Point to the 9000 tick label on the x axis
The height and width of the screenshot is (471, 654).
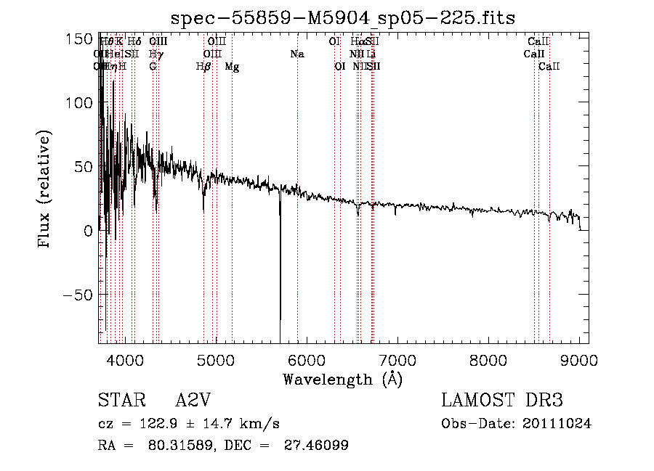[x=579, y=360]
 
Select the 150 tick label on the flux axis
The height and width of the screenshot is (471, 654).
[x=79, y=39]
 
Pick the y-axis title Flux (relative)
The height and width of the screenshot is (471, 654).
[x=44, y=189]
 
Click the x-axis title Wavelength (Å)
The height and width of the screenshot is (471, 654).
[x=342, y=379]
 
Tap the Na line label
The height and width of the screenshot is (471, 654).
[x=296, y=54]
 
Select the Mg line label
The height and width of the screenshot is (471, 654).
[x=232, y=67]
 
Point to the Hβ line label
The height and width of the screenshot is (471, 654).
[x=203, y=67]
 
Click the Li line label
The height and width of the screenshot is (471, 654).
[x=371, y=54]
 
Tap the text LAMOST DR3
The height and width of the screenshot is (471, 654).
[x=501, y=401]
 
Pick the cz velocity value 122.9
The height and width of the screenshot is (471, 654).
[x=161, y=424]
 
